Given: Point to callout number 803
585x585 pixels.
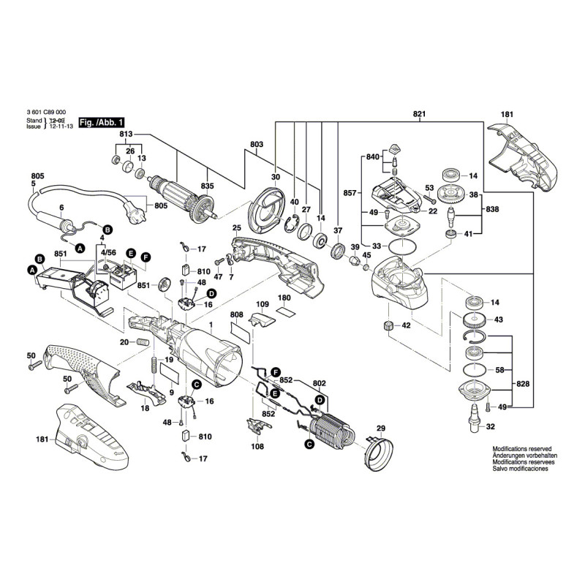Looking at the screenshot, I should click(256, 145).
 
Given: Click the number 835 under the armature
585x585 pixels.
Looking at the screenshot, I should click(207, 186).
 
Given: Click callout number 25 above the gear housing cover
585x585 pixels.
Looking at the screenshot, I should click(238, 227).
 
